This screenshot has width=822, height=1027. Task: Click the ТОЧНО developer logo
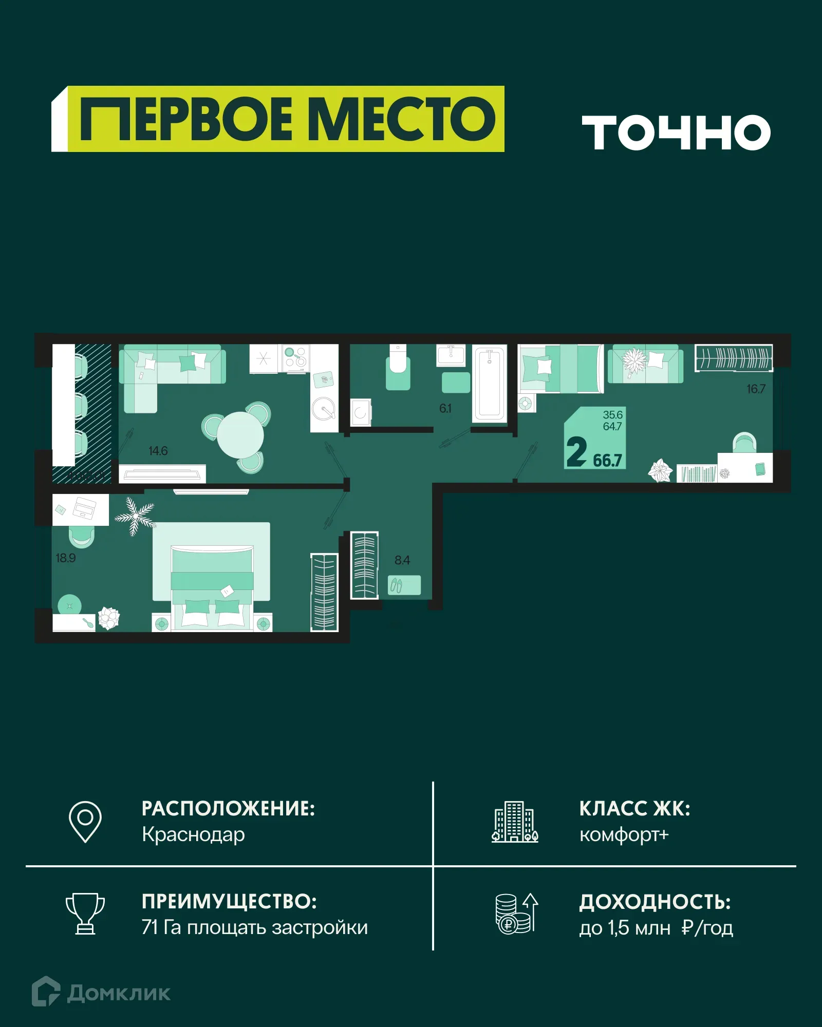coord(676,132)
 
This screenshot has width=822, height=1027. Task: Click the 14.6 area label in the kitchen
coord(158,451)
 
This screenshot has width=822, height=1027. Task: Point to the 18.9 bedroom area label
coord(66,558)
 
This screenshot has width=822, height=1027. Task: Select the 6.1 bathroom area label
coord(445,409)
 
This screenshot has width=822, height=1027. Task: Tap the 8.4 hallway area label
coord(402,560)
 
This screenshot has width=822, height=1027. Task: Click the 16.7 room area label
coord(756,389)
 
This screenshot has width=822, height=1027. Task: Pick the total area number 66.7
coord(607,460)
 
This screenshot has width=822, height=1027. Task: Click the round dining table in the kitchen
coord(240,436)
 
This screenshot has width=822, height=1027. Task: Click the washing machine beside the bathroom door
coord(361,412)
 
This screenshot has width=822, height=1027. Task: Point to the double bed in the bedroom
coord(212,585)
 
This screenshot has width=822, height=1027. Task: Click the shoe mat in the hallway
coord(404,585)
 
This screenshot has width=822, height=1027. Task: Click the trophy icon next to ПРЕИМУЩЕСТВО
coord(85,914)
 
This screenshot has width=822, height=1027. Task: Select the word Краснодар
coord(193,834)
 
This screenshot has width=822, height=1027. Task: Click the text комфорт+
coord(624,834)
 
